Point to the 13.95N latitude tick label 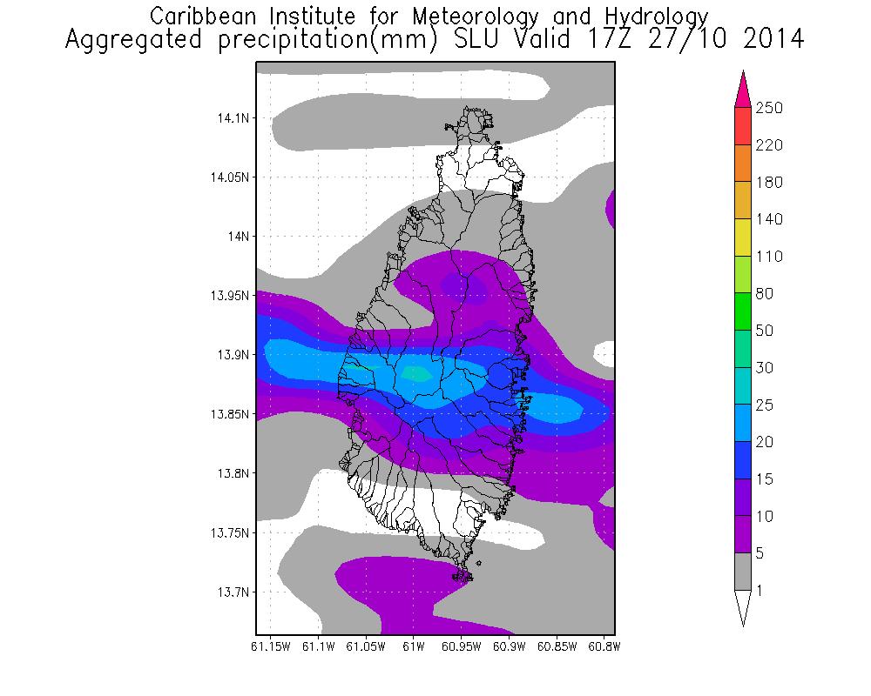tap(227, 296)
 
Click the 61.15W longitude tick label tap(270, 646)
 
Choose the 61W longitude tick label tap(413, 646)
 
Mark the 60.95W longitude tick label tap(460, 646)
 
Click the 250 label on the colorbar tap(769, 108)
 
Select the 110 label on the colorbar tap(769, 257)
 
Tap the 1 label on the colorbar tap(760, 591)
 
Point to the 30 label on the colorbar tap(766, 368)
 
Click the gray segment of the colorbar tap(743, 572)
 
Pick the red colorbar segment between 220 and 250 tap(743, 126)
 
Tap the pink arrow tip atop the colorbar tap(743, 87)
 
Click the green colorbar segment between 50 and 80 tap(743, 312)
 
